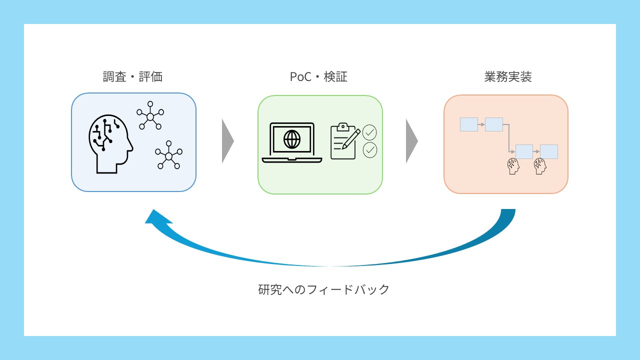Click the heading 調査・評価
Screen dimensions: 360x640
[133, 77]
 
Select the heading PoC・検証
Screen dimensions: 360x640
[318, 77]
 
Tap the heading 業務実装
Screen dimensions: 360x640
[507, 77]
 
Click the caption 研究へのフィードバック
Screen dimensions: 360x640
[323, 289]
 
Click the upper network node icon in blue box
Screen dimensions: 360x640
[150, 115]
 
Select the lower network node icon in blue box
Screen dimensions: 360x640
[168, 156]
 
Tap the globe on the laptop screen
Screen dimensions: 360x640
[292, 139]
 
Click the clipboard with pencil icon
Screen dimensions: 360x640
[344, 141]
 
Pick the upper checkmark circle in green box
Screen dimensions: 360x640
[369, 132]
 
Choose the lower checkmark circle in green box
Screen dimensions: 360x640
[369, 150]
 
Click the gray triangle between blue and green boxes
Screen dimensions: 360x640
[227, 141]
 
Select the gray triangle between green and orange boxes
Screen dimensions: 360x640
[411, 141]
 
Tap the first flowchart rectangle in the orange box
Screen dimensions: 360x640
[468, 124]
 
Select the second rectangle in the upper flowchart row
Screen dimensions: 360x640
[493, 124]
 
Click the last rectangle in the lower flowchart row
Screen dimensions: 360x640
[548, 151]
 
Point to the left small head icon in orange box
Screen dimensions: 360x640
[513, 166]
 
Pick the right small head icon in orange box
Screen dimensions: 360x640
[539, 166]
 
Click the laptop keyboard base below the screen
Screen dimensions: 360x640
[292, 160]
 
